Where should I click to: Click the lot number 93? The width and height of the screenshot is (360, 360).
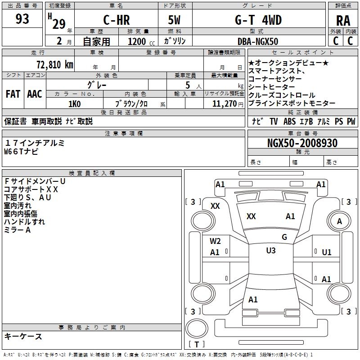click(22, 19)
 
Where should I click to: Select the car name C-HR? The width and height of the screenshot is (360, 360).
click(116, 20)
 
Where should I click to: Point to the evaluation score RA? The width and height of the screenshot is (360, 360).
click(343, 21)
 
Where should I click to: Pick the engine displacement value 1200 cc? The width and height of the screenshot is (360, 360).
click(137, 41)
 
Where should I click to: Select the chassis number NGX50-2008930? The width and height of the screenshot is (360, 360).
click(302, 143)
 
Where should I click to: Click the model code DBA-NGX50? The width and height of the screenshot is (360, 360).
click(258, 41)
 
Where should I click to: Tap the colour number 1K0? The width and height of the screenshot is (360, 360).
click(74, 103)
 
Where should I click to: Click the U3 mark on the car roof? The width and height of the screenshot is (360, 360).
click(271, 251)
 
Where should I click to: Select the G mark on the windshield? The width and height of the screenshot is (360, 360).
click(284, 237)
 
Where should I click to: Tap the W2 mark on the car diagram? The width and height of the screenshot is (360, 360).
click(215, 241)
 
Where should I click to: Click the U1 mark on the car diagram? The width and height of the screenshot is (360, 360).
click(327, 252)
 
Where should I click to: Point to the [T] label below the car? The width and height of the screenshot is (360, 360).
click(196, 345)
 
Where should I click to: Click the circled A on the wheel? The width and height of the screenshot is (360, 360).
click(339, 221)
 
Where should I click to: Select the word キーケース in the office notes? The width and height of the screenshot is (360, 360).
click(23, 336)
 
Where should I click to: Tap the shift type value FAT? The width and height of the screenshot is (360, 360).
click(13, 94)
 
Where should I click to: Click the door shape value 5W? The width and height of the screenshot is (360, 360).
click(175, 20)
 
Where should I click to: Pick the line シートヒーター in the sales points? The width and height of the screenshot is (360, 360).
click(272, 87)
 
